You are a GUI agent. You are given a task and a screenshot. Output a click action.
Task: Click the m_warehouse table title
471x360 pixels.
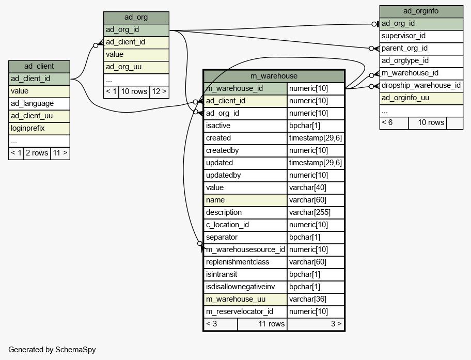click(x=274, y=76)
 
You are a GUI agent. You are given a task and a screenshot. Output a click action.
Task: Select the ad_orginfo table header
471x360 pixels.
click(x=421, y=11)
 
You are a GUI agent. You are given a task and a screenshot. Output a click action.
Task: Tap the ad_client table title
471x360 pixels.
click(x=39, y=67)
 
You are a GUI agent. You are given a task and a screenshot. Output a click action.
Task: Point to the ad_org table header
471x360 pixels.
click(x=136, y=18)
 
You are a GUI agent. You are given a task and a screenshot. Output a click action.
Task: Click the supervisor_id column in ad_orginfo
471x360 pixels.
click(x=421, y=36)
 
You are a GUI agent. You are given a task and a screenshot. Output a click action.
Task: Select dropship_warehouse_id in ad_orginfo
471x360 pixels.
click(x=421, y=86)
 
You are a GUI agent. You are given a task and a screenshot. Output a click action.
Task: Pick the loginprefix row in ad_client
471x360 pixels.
click(x=39, y=128)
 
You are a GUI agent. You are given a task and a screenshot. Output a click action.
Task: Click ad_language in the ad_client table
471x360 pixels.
click(x=39, y=104)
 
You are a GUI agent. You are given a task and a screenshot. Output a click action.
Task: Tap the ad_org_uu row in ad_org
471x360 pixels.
click(x=136, y=67)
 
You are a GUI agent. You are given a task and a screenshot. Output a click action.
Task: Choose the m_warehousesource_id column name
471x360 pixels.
click(x=245, y=249)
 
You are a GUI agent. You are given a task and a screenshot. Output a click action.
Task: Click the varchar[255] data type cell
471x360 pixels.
click(x=316, y=212)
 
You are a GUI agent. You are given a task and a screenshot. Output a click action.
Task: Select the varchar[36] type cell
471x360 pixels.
click(x=316, y=299)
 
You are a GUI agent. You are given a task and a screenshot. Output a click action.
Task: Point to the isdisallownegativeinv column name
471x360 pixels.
click(x=245, y=287)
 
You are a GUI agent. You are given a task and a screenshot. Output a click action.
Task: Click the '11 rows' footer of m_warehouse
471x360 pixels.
click(x=262, y=324)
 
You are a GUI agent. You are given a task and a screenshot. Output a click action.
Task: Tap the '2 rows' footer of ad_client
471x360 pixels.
click(x=37, y=153)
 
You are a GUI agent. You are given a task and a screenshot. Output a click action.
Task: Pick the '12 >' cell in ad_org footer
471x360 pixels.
click(x=159, y=91)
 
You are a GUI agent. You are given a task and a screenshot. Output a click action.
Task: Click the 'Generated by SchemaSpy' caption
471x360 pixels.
click(x=52, y=350)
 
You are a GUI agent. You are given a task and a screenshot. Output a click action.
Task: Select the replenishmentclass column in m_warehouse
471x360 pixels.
click(x=245, y=262)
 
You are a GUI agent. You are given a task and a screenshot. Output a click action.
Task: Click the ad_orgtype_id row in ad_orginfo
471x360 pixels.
click(x=421, y=61)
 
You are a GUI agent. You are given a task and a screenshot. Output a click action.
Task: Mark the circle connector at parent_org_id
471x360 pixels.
click(x=371, y=49)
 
